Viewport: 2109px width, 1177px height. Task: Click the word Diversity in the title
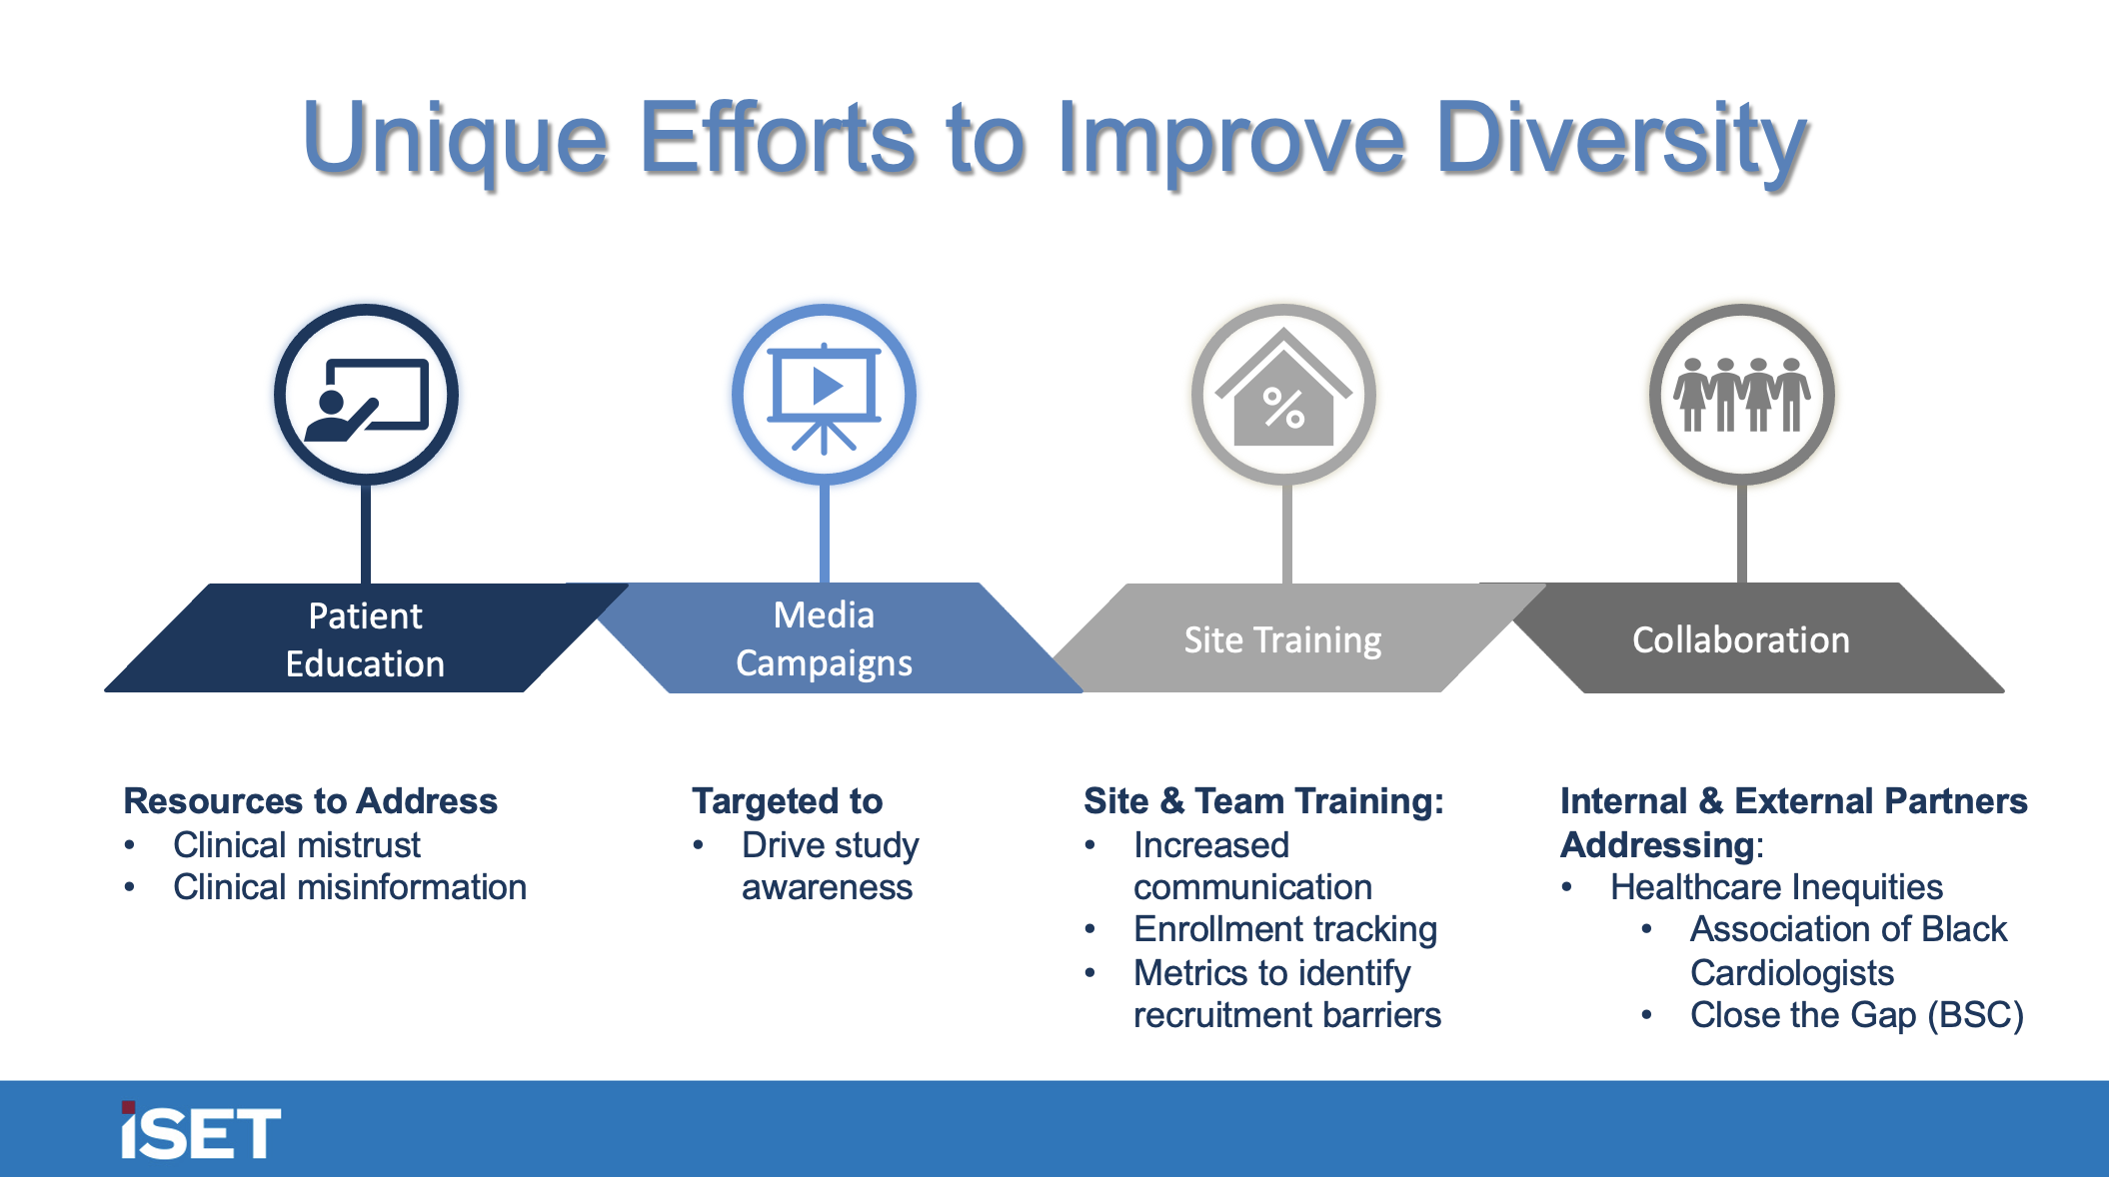tap(1619, 140)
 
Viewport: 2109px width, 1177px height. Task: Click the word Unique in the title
tap(455, 140)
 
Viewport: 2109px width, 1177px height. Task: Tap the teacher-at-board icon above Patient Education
tap(366, 396)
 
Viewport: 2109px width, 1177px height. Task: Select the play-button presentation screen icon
tap(824, 396)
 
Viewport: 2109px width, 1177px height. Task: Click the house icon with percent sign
tap(1283, 396)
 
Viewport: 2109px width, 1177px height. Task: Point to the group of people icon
tap(1741, 396)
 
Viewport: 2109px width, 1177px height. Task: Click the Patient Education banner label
tap(365, 639)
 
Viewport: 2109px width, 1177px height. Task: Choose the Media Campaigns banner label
tap(824, 638)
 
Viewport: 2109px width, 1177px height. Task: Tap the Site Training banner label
tap(1282, 639)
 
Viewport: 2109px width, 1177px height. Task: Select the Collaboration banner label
tap(1740, 639)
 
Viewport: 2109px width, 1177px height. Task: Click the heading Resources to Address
tap(310, 801)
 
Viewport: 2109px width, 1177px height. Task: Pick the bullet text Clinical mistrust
tap(296, 845)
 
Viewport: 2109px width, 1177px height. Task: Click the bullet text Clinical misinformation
tap(349, 887)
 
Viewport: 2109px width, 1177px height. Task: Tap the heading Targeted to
tap(787, 801)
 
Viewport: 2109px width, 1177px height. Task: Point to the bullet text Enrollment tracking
tap(1284, 929)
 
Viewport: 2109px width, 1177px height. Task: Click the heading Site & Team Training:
tap(1263, 801)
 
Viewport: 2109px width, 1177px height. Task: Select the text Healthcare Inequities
tap(1776, 887)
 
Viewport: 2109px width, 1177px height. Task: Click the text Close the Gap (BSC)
tap(1856, 1015)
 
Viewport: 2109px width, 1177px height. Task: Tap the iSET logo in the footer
tap(200, 1132)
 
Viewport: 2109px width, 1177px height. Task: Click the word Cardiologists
tap(1791, 973)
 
